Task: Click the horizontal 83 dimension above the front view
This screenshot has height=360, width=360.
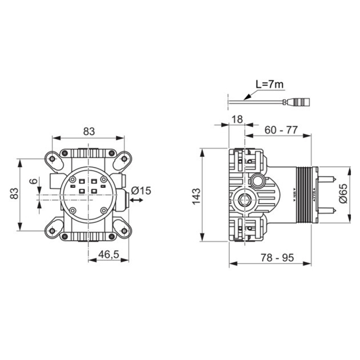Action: pos(89,131)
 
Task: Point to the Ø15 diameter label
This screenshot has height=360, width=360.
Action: pos(141,190)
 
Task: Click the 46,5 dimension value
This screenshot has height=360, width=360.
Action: pos(109,254)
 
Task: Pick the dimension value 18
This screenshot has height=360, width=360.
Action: pos(237,119)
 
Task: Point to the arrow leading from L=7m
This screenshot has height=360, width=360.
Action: pos(249,96)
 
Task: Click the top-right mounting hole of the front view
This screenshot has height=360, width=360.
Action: pos(124,158)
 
